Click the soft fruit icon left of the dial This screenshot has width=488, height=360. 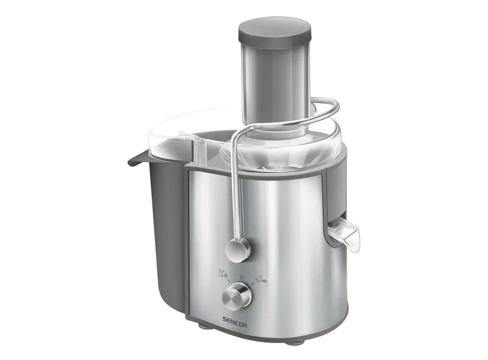[223, 274]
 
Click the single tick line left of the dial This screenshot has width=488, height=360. [229, 281]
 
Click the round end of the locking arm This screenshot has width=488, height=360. [238, 250]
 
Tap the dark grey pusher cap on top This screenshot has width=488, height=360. [274, 33]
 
